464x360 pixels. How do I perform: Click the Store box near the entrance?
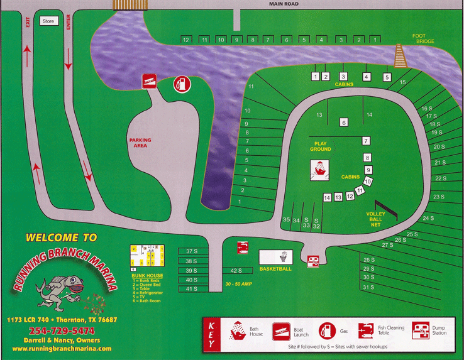(48, 21)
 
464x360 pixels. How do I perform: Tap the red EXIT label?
(28, 22)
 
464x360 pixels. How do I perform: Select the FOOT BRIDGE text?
(423, 38)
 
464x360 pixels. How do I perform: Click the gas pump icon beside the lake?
(181, 84)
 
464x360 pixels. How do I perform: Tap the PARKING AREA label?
(141, 143)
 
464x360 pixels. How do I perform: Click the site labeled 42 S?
(236, 271)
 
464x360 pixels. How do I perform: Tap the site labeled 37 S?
(191, 251)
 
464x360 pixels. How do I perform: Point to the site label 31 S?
(368, 287)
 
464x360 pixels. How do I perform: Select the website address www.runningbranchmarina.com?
(61, 348)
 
